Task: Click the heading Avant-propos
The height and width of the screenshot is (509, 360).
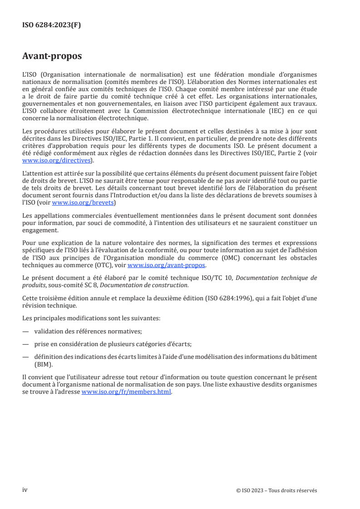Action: [x=52, y=57]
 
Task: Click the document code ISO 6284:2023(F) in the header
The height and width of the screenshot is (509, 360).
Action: [x=51, y=25]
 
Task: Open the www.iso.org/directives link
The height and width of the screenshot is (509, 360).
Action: [x=56, y=161]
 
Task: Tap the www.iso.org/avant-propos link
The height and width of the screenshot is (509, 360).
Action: [x=167, y=265]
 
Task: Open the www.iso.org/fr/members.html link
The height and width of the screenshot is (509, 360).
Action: [x=126, y=392]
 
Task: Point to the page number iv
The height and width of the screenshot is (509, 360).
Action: [x=25, y=490]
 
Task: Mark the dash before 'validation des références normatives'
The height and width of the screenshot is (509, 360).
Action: [x=25, y=332]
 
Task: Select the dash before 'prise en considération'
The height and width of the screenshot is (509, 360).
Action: [x=25, y=344]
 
